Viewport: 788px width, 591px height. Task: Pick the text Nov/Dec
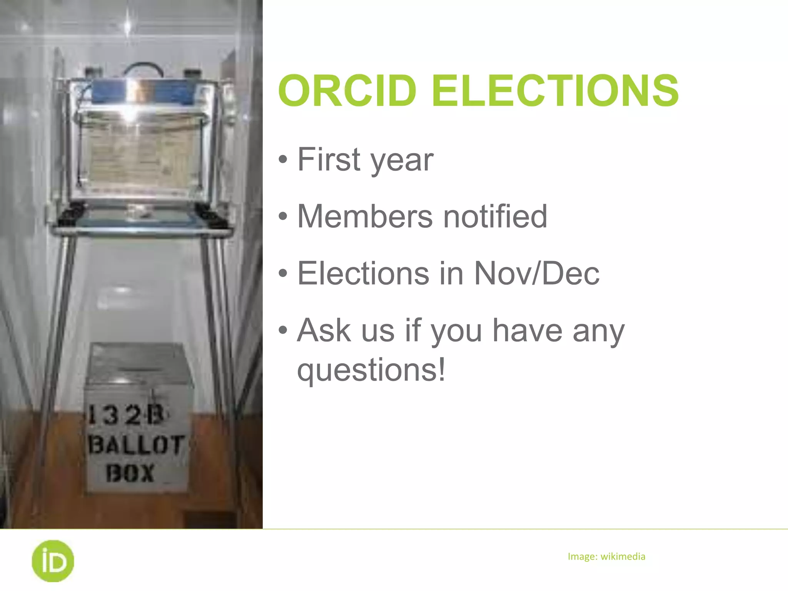coord(536,273)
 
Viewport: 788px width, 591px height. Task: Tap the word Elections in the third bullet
coord(363,273)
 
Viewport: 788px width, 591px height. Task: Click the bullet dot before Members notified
coord(283,216)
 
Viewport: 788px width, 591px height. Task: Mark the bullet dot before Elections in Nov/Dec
coord(283,273)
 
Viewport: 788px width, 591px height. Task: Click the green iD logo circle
coord(53,561)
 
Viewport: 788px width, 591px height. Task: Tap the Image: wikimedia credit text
coord(606,556)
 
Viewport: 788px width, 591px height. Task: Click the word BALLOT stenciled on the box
coord(136,445)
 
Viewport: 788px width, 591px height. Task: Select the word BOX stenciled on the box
coord(130,473)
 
